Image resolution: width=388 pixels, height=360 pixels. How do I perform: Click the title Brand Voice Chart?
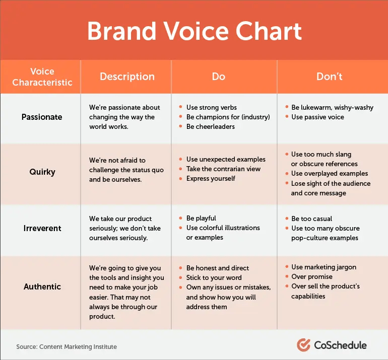point(194,31)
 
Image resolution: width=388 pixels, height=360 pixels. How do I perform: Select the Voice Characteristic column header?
point(42,77)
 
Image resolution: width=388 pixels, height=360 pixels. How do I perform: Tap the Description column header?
point(127,77)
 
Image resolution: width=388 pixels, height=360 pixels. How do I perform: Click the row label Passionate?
point(42,117)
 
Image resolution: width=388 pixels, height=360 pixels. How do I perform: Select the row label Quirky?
point(42,172)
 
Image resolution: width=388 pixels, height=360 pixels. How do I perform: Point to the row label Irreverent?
point(42,228)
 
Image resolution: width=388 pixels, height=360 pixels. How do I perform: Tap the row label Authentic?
point(42,286)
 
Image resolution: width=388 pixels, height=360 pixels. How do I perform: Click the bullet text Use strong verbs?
point(211,107)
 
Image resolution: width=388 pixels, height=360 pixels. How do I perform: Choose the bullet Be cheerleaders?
point(210,126)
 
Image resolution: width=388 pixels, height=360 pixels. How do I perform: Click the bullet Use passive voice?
point(317,117)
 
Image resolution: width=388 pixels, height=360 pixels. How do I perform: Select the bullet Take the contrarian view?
point(223,169)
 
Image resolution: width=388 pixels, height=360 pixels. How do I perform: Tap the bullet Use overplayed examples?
point(330,173)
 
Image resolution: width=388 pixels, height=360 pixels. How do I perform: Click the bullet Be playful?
point(201,218)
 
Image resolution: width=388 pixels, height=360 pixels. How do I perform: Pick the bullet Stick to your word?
point(214,277)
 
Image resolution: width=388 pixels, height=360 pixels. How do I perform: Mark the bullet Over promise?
point(312,277)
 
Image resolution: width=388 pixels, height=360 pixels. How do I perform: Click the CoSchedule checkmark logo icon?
point(303,345)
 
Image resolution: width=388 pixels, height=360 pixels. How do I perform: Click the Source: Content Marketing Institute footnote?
point(67,347)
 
